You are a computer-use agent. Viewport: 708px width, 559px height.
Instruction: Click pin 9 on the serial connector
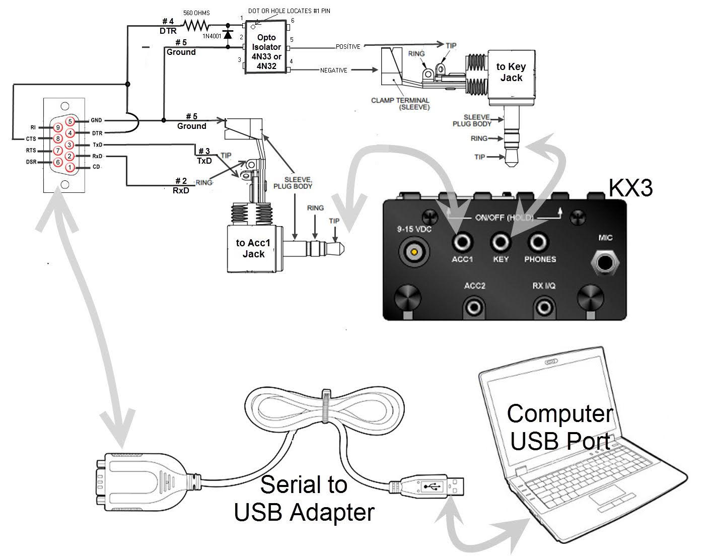(58, 127)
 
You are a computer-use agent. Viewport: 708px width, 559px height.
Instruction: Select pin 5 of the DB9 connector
(70, 121)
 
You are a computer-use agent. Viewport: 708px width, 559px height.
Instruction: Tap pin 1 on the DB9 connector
(69, 167)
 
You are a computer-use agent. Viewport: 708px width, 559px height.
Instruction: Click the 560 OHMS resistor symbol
(196, 25)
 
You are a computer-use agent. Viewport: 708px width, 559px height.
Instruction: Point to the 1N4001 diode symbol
(228, 34)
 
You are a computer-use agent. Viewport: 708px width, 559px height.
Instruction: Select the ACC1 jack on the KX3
(462, 243)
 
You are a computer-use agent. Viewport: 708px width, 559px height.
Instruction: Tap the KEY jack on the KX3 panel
(500, 243)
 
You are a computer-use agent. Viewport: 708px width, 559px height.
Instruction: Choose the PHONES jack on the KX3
(538, 243)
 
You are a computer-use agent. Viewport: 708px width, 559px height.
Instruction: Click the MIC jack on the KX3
(605, 262)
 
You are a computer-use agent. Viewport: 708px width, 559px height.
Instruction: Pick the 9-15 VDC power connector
(414, 252)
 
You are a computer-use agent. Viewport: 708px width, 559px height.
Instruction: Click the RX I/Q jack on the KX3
(544, 308)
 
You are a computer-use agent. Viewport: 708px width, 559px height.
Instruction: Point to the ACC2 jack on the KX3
(474, 308)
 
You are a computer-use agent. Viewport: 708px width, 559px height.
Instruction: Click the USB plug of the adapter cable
(427, 486)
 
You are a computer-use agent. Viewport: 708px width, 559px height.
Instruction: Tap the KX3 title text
(630, 188)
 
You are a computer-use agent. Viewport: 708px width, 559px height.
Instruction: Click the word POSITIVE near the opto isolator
(348, 47)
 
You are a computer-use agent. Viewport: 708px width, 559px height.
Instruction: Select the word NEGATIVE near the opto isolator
(333, 70)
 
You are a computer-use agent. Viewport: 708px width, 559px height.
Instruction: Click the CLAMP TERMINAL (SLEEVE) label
(400, 104)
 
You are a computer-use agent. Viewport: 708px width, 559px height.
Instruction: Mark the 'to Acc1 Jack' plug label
(253, 248)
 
